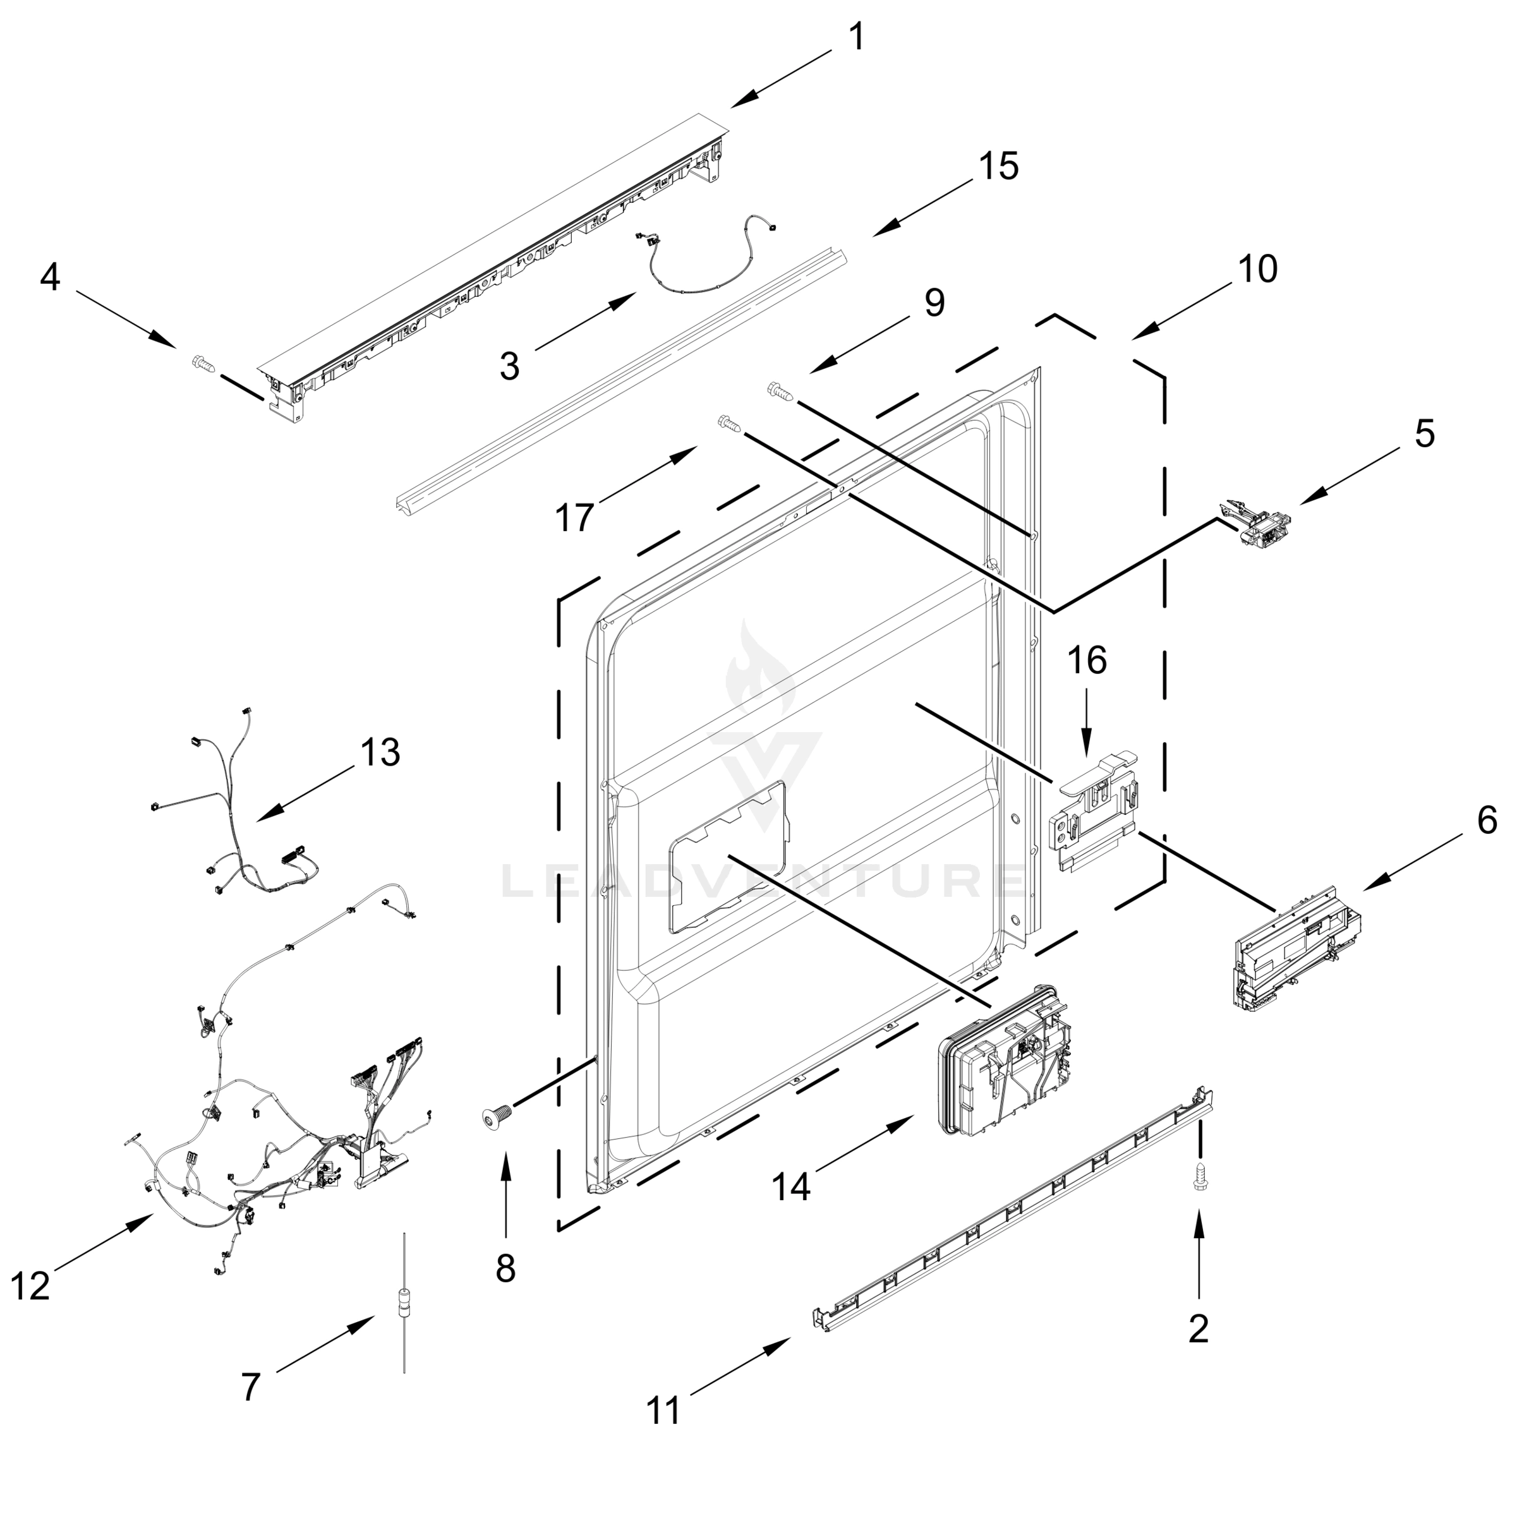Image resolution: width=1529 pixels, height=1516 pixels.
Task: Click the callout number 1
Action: click(x=856, y=38)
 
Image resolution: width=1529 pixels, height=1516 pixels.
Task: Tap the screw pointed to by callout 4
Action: click(x=203, y=364)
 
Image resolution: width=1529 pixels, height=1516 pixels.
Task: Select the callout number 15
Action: click(x=999, y=167)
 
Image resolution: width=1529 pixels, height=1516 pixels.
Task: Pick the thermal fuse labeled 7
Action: click(x=404, y=1322)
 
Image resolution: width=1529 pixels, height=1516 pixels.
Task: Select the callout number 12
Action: click(x=31, y=1287)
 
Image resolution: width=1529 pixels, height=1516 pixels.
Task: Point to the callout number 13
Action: click(x=380, y=752)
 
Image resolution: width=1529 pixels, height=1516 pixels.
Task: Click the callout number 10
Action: click(x=1257, y=270)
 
